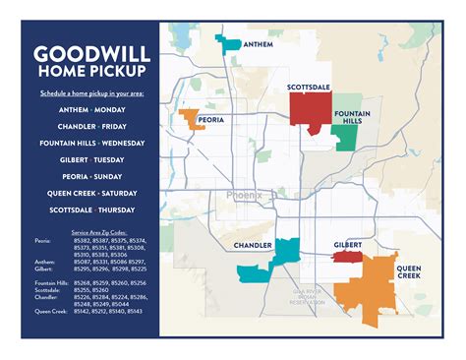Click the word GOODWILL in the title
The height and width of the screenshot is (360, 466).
[89, 53]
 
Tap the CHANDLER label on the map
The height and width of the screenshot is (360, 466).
[252, 245]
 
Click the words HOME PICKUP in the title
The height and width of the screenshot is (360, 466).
[89, 73]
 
